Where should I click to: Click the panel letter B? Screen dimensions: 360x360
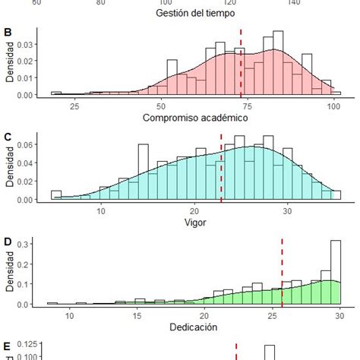(x=8, y=33)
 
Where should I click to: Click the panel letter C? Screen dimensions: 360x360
(x=8, y=137)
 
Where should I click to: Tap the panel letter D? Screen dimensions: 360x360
(x=8, y=242)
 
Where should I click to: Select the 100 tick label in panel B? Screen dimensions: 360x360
(x=333, y=106)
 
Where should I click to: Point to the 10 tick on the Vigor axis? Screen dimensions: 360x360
(x=101, y=211)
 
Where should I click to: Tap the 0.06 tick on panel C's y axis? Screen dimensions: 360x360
(x=26, y=144)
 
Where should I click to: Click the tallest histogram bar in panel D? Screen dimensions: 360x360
(x=336, y=273)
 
